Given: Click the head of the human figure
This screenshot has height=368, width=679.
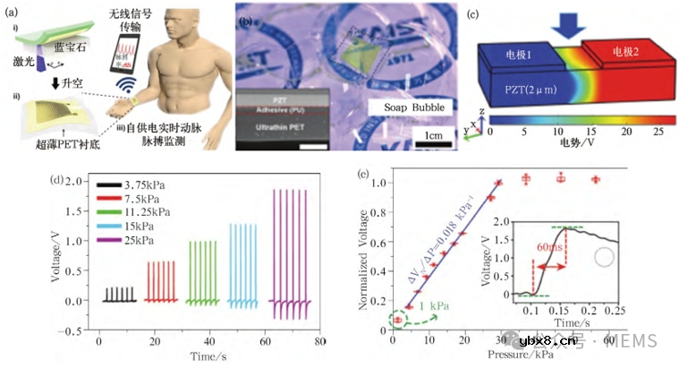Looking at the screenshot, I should pyautogui.click(x=184, y=29).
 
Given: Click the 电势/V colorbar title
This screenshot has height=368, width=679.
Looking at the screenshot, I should pyautogui.click(x=567, y=143).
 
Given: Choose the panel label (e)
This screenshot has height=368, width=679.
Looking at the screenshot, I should pyautogui.click(x=362, y=174).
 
